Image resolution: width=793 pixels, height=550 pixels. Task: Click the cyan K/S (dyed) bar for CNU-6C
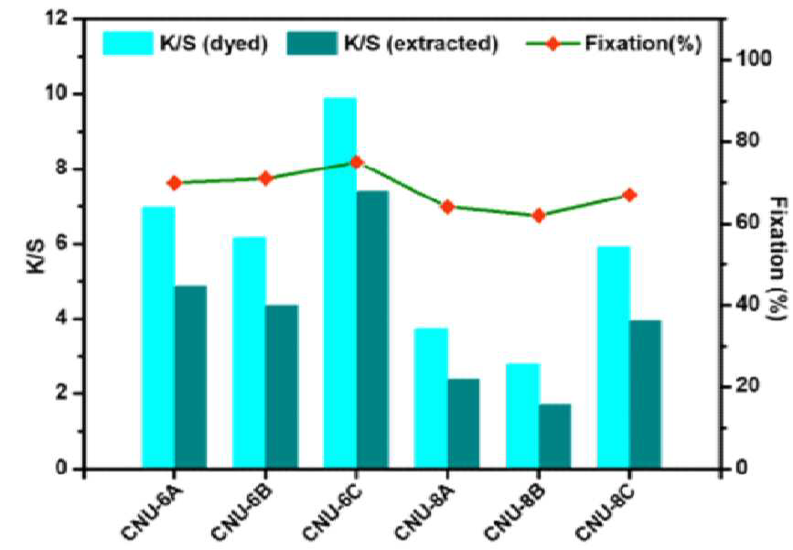click(x=340, y=283)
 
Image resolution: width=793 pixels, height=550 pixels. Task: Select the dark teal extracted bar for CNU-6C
click(x=373, y=329)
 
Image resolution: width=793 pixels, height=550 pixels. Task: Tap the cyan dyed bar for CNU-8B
click(x=522, y=415)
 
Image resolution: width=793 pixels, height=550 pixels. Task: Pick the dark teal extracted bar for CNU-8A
click(x=463, y=424)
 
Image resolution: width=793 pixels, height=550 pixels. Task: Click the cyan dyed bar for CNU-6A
click(x=158, y=338)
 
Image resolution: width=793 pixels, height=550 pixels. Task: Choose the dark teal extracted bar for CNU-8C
click(x=646, y=394)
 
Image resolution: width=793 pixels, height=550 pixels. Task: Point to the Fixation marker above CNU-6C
click(x=357, y=162)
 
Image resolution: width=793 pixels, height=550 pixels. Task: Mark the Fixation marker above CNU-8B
click(x=539, y=216)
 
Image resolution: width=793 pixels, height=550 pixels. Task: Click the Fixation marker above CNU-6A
click(x=175, y=183)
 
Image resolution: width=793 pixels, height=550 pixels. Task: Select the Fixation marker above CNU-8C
click(x=629, y=195)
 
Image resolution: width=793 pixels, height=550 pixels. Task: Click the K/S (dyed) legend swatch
click(x=128, y=43)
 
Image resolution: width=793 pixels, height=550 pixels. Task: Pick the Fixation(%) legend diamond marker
click(x=552, y=44)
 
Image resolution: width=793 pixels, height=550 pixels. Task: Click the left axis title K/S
click(x=37, y=257)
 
